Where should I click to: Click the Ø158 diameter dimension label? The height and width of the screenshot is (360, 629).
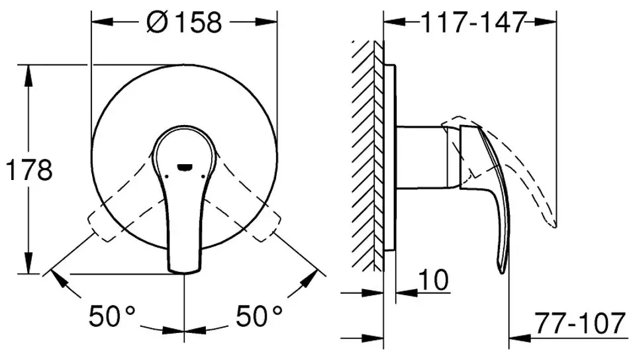click(x=184, y=22)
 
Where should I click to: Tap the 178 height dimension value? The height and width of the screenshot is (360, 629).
click(x=29, y=169)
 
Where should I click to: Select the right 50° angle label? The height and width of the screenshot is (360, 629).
click(x=259, y=316)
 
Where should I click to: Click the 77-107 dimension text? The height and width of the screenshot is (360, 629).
click(x=580, y=323)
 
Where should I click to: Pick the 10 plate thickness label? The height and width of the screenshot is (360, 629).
click(x=433, y=279)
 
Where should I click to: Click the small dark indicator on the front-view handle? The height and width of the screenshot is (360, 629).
click(x=185, y=167)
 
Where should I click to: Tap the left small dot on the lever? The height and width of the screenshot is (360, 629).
click(x=166, y=175)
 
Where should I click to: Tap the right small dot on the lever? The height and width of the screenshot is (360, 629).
click(x=204, y=175)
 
